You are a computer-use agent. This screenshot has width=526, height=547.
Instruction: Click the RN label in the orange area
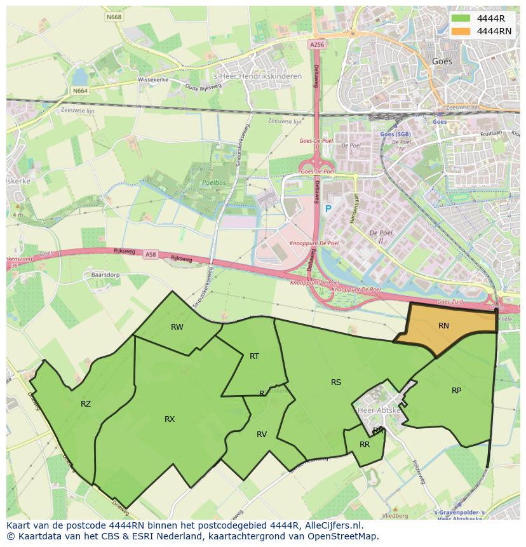point(443,326)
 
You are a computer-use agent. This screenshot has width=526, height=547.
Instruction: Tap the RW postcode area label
point(177,327)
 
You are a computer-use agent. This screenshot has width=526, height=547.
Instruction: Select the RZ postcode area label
point(86,403)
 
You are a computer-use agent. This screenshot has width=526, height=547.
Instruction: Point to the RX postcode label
point(170,419)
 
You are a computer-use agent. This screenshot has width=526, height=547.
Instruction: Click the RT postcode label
point(254,356)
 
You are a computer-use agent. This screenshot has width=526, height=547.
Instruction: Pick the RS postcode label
point(336,382)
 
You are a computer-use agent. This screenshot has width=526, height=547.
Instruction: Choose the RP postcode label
point(456,391)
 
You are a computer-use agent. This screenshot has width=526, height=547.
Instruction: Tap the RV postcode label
point(262,435)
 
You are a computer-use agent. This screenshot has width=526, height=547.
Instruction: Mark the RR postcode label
point(365,445)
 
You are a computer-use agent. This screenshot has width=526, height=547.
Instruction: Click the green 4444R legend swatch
point(461,19)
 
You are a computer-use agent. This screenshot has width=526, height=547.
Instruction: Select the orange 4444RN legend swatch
point(461,31)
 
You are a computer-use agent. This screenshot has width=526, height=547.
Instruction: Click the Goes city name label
point(442,62)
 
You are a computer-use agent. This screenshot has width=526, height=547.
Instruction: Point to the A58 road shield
point(151,255)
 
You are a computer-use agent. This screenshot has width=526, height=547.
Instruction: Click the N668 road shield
point(114,17)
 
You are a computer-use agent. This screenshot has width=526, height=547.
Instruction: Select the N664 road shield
point(80,91)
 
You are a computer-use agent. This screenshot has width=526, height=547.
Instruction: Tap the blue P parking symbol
point(328,209)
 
